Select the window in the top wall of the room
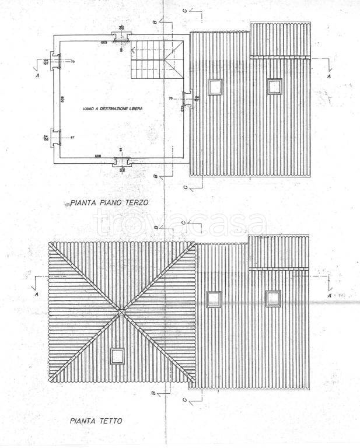point(121,38)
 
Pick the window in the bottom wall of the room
point(121,162)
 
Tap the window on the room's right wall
point(185,99)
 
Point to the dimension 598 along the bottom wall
point(99,156)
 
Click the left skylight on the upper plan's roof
point(215,86)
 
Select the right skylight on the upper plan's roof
point(274,86)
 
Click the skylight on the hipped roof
point(117,355)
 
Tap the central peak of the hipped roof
point(121,313)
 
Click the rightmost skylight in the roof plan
point(273,298)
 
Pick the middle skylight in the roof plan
point(214,299)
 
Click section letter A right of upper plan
point(330,76)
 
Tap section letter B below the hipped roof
point(153,394)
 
